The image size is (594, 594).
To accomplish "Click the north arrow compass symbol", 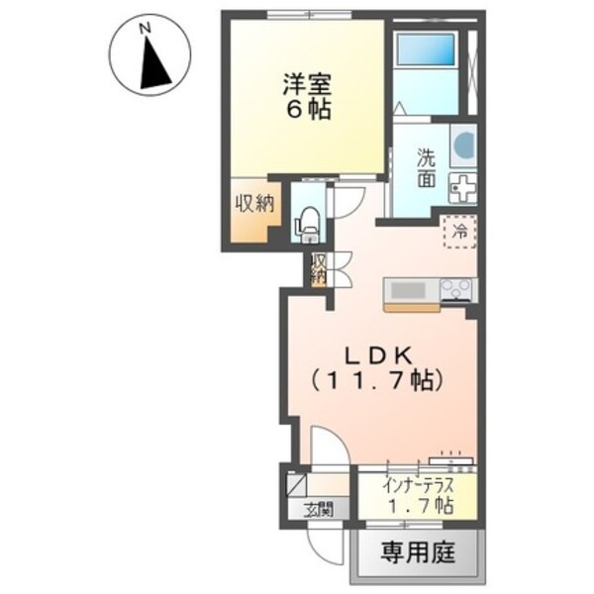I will pyautogui.click(x=153, y=64).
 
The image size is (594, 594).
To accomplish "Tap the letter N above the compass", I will pyautogui.click(x=145, y=30).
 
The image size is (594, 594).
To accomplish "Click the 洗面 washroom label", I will pyautogui.click(x=427, y=168).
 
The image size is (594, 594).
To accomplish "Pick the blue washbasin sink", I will pyautogui.click(x=462, y=146).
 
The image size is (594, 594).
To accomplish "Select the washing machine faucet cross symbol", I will pyautogui.click(x=461, y=185).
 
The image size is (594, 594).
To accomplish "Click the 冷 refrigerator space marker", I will pyautogui.click(x=460, y=233).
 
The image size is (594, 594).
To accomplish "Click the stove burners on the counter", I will pyautogui.click(x=456, y=289).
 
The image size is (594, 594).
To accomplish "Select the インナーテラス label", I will pyautogui.click(x=420, y=485).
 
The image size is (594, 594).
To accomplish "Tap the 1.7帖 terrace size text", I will pyautogui.click(x=420, y=506).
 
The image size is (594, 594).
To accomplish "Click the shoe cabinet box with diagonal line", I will pyautogui.click(x=297, y=484).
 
